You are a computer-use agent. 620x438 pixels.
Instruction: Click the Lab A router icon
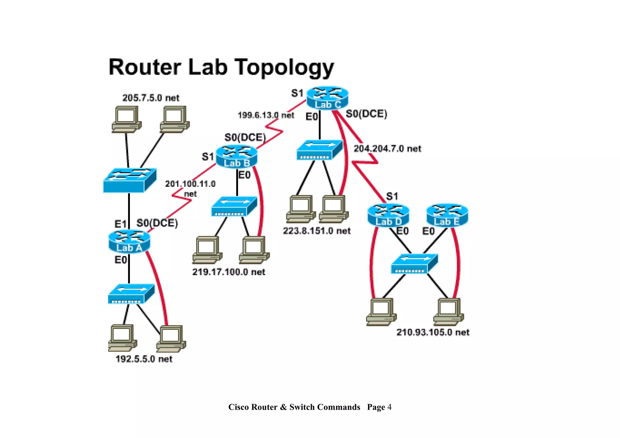point(129,241)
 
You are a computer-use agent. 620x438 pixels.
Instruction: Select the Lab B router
point(236,156)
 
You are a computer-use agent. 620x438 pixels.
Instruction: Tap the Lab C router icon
point(328,98)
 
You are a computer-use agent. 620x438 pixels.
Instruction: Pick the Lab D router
point(388,215)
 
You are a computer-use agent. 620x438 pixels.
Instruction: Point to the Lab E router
point(447,215)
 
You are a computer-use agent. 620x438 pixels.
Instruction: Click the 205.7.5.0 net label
point(151,98)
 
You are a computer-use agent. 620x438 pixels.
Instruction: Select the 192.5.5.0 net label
point(144,359)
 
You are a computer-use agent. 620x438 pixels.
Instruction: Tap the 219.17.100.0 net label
point(229,272)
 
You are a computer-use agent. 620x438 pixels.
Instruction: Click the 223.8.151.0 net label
point(317,231)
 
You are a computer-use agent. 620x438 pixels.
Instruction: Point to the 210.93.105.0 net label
point(433,332)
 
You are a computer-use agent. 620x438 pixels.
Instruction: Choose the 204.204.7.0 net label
point(387,149)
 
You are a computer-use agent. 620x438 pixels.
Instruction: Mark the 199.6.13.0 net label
point(265,115)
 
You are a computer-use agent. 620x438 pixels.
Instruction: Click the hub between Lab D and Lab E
point(414,264)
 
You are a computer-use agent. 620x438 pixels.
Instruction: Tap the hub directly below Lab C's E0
point(319,150)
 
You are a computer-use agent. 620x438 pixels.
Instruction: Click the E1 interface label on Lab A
point(120,224)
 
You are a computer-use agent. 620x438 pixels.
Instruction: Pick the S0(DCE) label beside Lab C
point(366,114)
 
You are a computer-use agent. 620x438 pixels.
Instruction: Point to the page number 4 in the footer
point(389,407)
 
